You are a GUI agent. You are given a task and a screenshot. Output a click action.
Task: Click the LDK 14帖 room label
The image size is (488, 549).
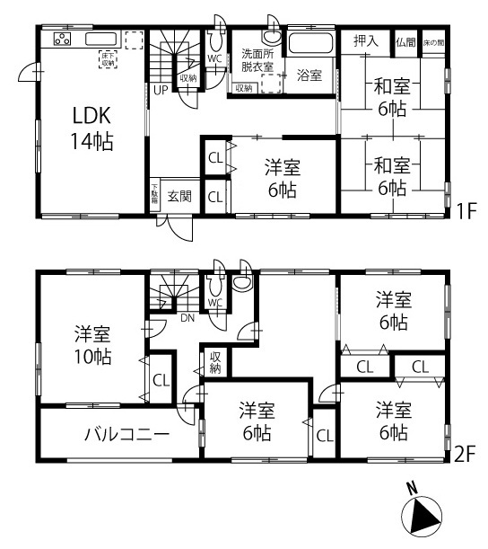click(92, 128)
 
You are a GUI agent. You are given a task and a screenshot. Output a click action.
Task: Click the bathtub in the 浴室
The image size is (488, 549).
click(311, 44)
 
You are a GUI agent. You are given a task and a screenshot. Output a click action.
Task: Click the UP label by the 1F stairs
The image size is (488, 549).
click(159, 91)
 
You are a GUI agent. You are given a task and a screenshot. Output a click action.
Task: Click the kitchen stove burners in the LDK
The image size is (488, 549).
click(62, 39)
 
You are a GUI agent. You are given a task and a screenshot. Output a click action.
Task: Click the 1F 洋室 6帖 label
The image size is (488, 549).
click(282, 177)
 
